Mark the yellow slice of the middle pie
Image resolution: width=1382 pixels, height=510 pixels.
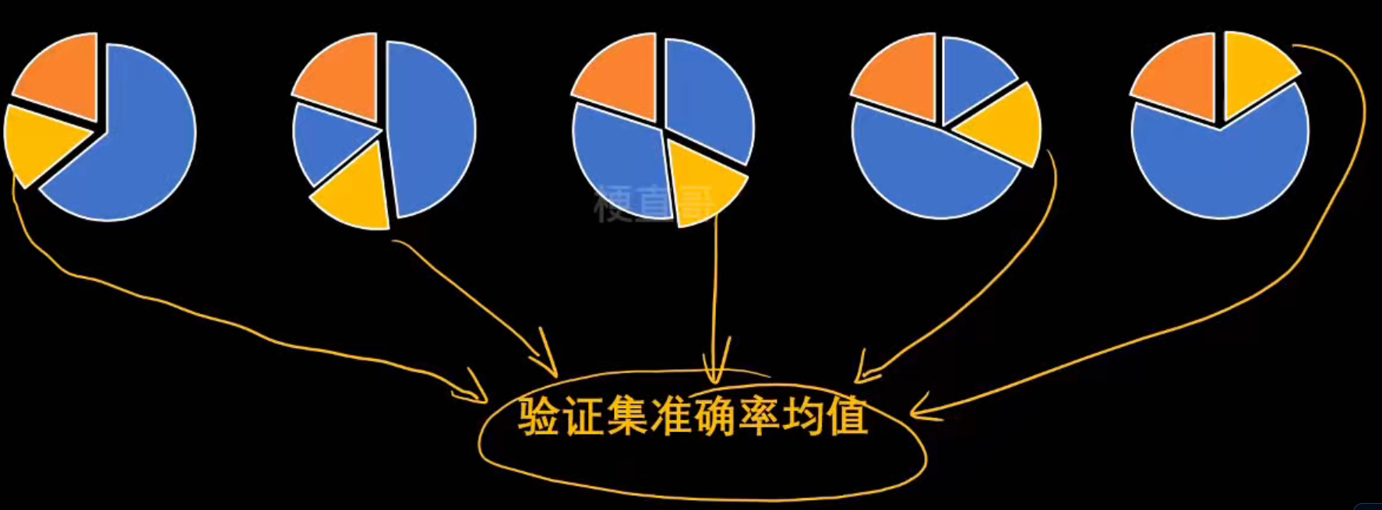[701, 183]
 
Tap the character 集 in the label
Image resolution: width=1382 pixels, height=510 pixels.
[627, 417]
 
